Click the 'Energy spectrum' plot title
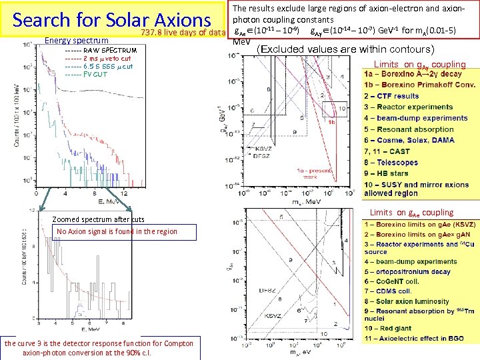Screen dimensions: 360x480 [76, 40]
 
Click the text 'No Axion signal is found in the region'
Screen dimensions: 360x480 [117, 231]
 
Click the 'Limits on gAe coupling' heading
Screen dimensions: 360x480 [417, 213]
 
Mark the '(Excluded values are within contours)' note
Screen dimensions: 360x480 [346, 49]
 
